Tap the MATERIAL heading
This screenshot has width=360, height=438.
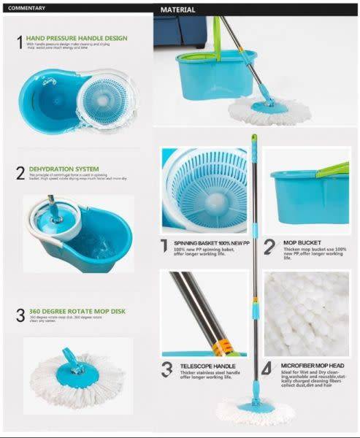pyautogui.click(x=178, y=9)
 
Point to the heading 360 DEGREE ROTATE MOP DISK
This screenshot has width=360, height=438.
pyautogui.click(x=77, y=311)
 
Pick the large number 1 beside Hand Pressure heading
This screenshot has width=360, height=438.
pyautogui.click(x=20, y=42)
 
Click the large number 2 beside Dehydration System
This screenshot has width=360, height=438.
pyautogui.click(x=20, y=173)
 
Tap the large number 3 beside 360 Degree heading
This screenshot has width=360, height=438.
pyautogui.click(x=20, y=315)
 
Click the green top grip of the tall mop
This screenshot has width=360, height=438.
pyautogui.click(x=254, y=139)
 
